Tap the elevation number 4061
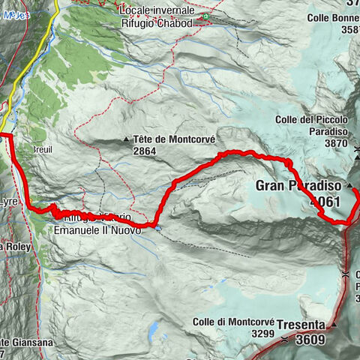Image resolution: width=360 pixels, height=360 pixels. point(324,201)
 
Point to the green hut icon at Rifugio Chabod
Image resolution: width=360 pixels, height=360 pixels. point(205,16)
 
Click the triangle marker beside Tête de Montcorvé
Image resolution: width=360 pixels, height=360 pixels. point(126,139)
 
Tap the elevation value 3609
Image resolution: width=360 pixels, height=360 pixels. point(308,338)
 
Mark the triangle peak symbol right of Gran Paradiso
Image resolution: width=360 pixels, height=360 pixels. point(349,184)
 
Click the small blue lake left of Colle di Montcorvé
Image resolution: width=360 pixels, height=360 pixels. point(153,329)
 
